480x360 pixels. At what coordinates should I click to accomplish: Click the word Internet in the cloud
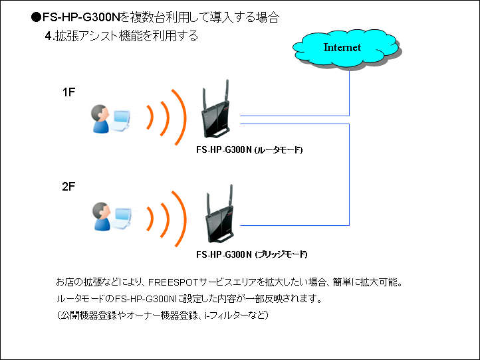pyautogui.click(x=342, y=47)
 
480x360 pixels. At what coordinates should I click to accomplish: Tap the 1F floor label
pyautogui.click(x=69, y=92)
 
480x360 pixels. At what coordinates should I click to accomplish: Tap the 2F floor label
pyautogui.click(x=68, y=186)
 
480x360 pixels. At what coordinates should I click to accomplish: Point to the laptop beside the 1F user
pyautogui.click(x=122, y=120)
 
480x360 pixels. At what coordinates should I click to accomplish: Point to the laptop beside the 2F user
pyautogui.click(x=122, y=218)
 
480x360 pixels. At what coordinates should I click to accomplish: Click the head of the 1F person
pyautogui.click(x=100, y=113)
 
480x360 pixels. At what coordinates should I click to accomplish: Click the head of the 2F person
pyautogui.click(x=101, y=211)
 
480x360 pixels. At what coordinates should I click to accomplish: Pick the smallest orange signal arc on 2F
pyautogui.click(x=151, y=219)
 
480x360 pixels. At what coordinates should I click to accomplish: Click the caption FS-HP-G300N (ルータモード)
pyautogui.click(x=249, y=150)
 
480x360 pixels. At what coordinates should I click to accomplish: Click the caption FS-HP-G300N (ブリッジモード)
pyautogui.click(x=251, y=254)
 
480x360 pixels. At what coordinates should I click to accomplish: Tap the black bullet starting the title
pyautogui.click(x=36, y=17)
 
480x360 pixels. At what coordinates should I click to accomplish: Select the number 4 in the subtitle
pyautogui.click(x=48, y=36)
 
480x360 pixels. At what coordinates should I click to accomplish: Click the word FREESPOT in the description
pyautogui.click(x=174, y=282)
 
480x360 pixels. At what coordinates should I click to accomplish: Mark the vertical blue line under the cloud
pyautogui.click(x=349, y=93)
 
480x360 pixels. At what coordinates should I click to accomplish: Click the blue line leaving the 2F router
pyautogui.click(x=295, y=225)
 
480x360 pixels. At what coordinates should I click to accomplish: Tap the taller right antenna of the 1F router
pyautogui.click(x=227, y=91)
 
